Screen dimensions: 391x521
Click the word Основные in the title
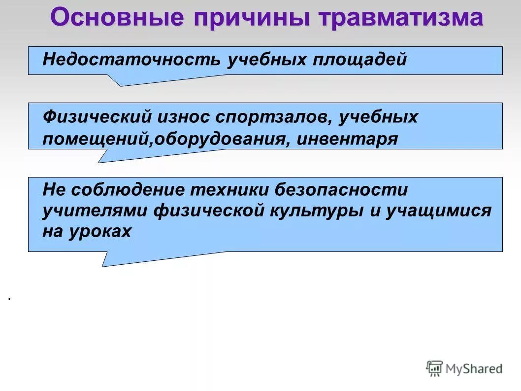tap(117, 18)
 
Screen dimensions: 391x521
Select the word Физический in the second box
tap(97, 117)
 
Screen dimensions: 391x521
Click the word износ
tap(183, 117)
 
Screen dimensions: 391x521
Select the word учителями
tap(95, 211)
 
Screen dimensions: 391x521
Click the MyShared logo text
tap(474, 368)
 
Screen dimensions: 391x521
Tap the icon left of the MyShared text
tap(434, 368)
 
